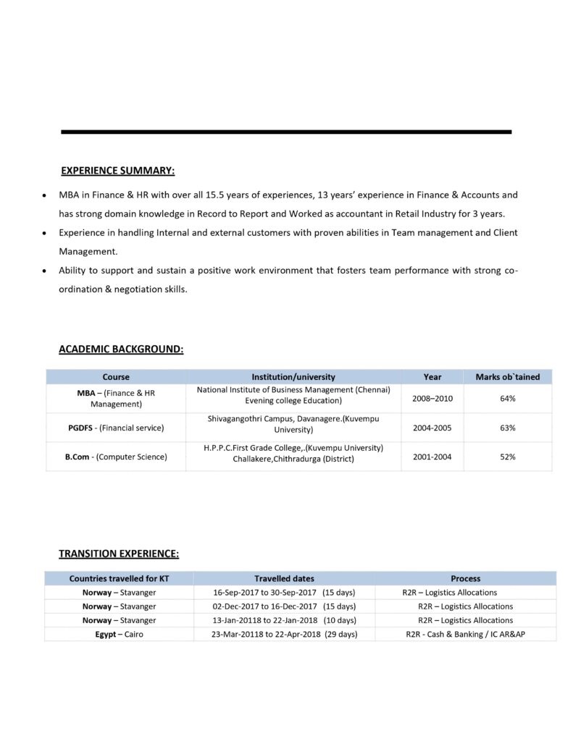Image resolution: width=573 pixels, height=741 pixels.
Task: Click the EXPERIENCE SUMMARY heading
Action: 117,171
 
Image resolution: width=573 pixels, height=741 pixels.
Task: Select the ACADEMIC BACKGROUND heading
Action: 121,349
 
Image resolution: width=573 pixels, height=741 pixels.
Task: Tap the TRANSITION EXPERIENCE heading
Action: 119,554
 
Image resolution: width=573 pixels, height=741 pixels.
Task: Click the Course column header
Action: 116,377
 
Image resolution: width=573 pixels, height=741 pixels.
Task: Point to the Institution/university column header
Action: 293,377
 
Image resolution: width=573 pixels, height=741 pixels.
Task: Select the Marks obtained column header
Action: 507,377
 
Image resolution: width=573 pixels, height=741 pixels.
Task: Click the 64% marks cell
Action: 507,398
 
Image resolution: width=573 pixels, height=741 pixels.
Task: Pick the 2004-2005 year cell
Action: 432,428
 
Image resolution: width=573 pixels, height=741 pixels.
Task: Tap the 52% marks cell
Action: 507,457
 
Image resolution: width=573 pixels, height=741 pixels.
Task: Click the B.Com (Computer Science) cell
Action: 116,457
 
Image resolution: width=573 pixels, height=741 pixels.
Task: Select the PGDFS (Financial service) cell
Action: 116,428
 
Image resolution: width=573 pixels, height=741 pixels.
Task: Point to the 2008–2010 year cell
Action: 432,398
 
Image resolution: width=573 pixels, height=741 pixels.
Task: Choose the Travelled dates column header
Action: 284,578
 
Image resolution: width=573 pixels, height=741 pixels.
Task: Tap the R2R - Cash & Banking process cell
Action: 465,634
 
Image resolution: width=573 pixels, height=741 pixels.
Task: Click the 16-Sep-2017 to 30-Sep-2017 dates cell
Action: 284,592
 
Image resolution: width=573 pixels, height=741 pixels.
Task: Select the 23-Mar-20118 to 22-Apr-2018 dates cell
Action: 284,634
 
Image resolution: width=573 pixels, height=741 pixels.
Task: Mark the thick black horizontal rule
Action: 286,132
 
